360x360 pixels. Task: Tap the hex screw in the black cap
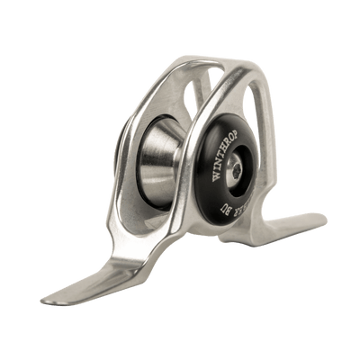235,167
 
